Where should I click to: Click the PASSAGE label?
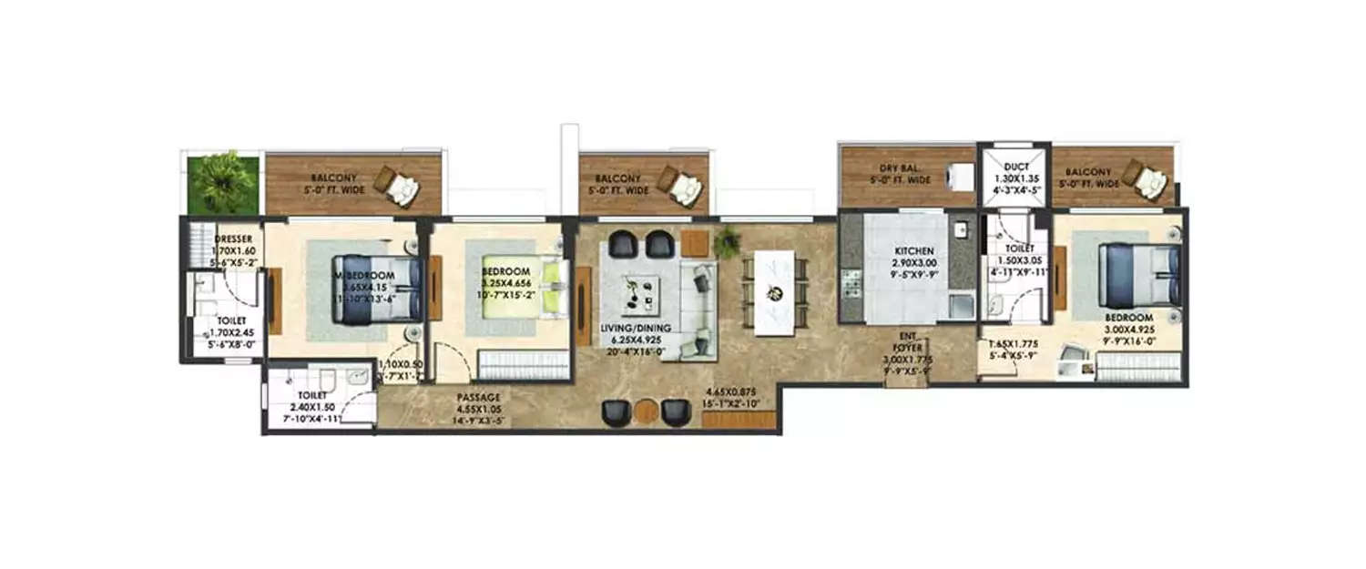[480, 397]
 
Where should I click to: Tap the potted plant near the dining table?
[728, 242]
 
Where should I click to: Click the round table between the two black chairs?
[647, 412]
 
